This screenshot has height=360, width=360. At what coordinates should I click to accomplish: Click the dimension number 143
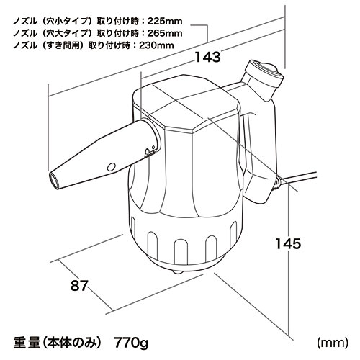pos(208,57)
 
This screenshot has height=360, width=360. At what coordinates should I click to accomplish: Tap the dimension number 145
pos(288,243)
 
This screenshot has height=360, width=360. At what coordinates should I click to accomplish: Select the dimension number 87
pos(79,286)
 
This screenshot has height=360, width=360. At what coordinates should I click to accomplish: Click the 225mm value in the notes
pos(165,21)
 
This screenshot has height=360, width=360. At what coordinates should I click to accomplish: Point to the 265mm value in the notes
pos(165,33)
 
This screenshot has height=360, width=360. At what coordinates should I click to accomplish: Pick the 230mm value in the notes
pos(156,45)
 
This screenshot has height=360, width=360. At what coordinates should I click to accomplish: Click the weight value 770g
pos(131,343)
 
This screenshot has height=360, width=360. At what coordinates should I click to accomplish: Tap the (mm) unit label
pos(332,343)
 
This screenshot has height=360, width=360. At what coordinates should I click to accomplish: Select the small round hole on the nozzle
pos(111,167)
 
